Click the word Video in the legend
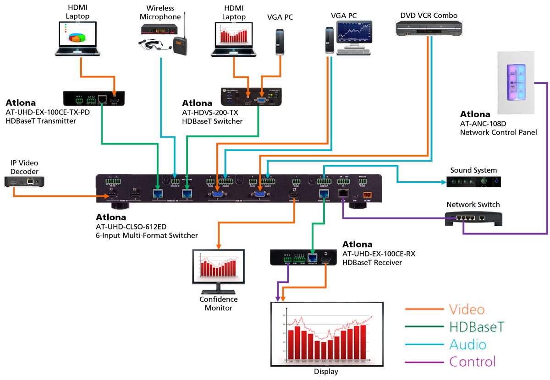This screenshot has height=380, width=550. point(466,309)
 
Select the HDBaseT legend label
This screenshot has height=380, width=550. point(477,327)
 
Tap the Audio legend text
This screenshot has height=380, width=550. point(467,344)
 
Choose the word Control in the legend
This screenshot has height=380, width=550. point(472,362)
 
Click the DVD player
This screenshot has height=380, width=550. point(429,29)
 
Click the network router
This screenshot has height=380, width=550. point(474,219)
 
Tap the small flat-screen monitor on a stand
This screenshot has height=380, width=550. point(219,270)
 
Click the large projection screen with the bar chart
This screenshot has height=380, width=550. point(327,333)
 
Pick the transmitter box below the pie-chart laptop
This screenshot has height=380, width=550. point(94,98)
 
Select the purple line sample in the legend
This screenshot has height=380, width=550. point(424,362)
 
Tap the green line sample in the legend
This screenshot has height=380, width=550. point(424,327)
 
